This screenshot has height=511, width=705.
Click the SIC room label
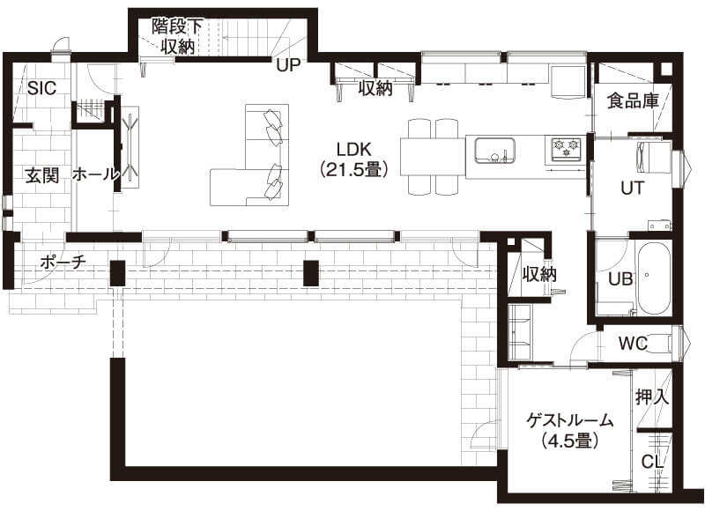click(x=41, y=87)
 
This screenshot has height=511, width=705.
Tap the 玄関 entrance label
click(x=41, y=174)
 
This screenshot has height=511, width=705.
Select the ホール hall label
click(x=95, y=174)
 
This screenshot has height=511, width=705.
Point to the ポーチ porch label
click(x=63, y=262)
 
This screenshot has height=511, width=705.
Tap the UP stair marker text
click(x=287, y=65)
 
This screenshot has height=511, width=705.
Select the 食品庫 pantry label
click(x=633, y=100)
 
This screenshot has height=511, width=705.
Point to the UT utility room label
click(x=632, y=188)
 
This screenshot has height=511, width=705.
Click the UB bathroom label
click(x=620, y=278)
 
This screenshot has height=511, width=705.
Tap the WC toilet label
click(x=634, y=344)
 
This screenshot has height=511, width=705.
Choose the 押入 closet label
click(x=652, y=397)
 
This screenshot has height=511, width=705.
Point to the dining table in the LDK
click(x=432, y=157)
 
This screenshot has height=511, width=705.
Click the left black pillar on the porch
click(x=118, y=273)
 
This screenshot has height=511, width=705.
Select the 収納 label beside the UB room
click(x=539, y=274)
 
